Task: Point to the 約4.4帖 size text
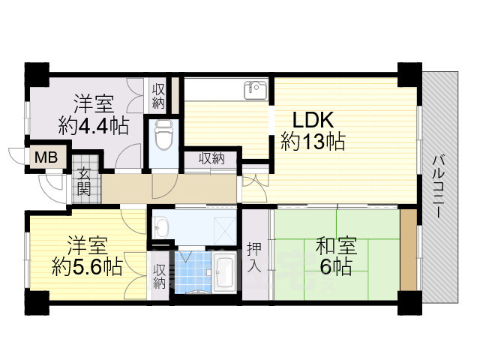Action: pos(94,125)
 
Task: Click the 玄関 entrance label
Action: pos(82,182)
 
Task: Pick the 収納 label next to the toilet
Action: pos(159,97)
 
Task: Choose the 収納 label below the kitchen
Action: pos(211,158)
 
